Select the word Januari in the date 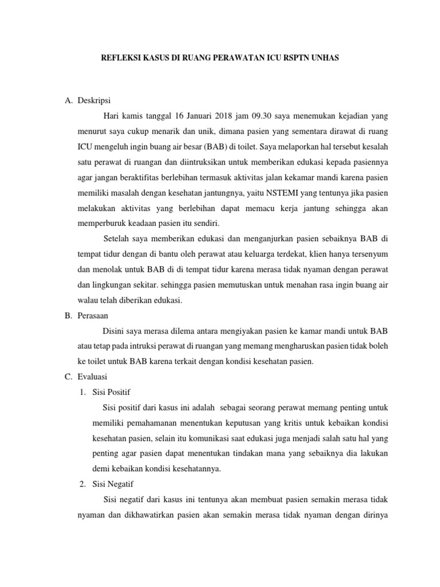pyautogui.click(x=186, y=116)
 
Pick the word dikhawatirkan pyautogui.click(x=142, y=514)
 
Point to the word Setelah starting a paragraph pyautogui.click(x=116, y=238)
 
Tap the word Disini pyautogui.click(x=113, y=331)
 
